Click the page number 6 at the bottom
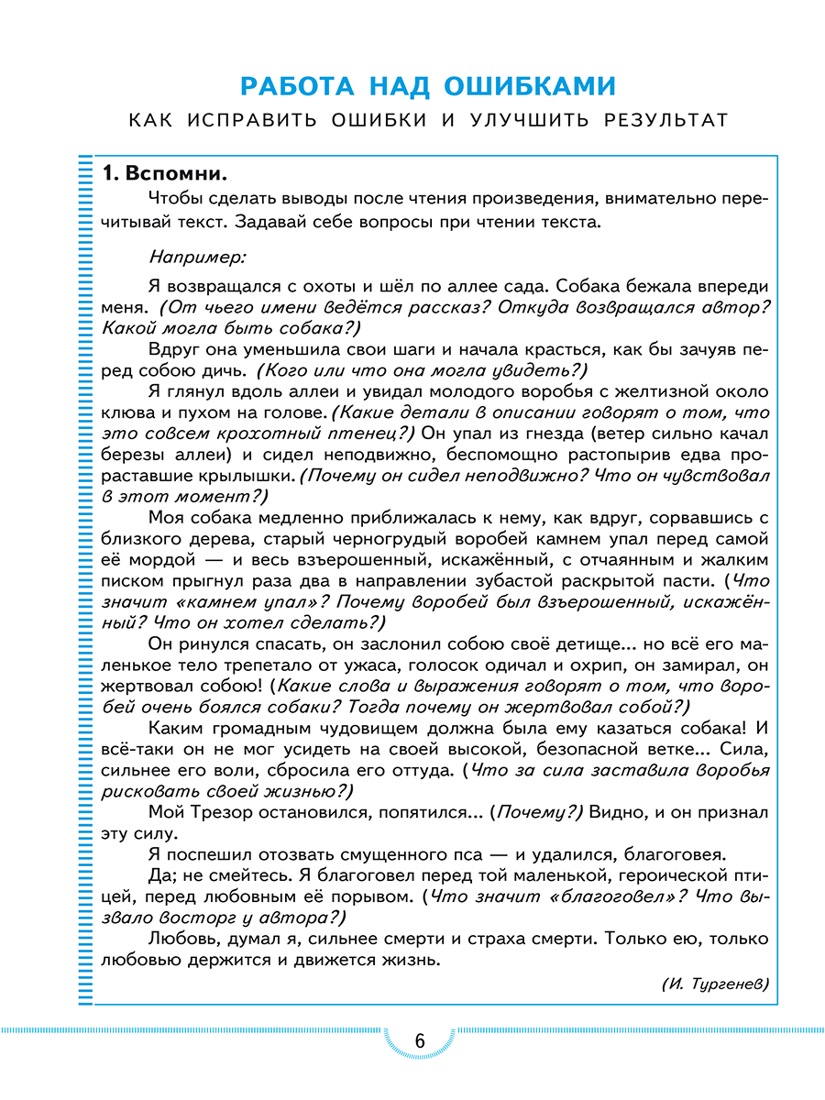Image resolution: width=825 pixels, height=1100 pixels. click(x=420, y=1042)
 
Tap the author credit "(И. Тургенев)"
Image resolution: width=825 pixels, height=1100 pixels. click(x=714, y=983)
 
